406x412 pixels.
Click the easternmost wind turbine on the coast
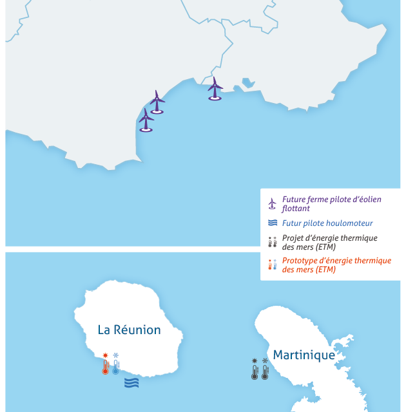(x=215, y=88)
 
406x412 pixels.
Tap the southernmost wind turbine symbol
(x=146, y=120)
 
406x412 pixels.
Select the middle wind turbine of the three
(x=157, y=102)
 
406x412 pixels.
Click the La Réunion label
(x=129, y=330)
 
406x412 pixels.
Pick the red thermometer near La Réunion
(x=105, y=364)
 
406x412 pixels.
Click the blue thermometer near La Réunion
(x=116, y=364)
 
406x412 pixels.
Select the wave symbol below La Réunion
(x=132, y=383)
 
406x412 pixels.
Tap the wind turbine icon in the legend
(x=273, y=203)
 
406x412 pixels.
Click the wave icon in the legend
(x=273, y=223)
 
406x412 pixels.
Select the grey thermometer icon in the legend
(x=273, y=242)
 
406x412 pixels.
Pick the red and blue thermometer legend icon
(x=273, y=265)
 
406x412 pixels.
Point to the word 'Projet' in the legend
(x=294, y=238)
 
